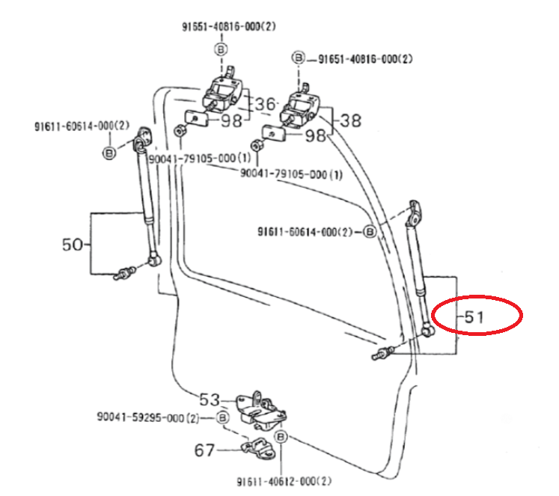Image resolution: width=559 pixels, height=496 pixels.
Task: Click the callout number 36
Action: coord(265,103)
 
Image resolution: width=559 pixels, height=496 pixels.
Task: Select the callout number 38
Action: coord(350,120)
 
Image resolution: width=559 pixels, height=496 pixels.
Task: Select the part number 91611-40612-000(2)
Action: coord(284,481)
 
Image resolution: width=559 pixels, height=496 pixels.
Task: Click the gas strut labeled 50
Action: coord(146,202)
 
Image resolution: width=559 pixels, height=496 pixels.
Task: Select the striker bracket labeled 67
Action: coord(255,448)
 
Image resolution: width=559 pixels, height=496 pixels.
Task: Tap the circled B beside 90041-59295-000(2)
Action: coord(222,417)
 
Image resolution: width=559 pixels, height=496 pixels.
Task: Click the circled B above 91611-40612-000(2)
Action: coord(281,436)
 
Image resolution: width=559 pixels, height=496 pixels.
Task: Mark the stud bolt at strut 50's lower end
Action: coord(123,274)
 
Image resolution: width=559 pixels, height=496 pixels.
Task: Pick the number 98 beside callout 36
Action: coord(230,121)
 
